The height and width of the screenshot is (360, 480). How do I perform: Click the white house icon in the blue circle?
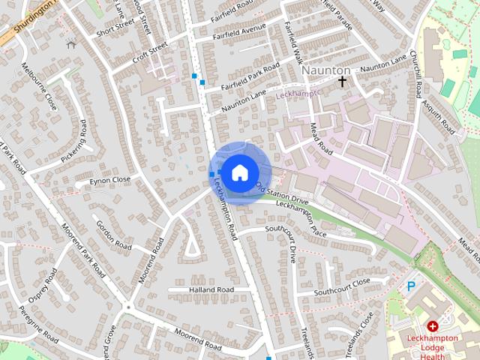coord(239,172)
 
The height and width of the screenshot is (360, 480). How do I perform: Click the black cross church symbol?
coord(343,80)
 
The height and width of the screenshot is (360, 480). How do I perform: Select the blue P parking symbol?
coord(410,286)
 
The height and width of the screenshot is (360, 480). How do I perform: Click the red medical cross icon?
coord(433,326)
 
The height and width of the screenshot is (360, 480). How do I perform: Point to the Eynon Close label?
coord(110,180)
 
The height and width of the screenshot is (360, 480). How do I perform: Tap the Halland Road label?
coord(211,289)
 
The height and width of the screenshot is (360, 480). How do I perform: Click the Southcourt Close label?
coord(342,286)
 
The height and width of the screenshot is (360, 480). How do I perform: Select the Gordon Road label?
coord(113,232)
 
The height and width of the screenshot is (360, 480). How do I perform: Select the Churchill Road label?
coord(416,77)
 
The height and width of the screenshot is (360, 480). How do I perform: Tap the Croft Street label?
coord(150,53)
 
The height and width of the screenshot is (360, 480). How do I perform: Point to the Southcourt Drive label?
coord(292,243)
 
